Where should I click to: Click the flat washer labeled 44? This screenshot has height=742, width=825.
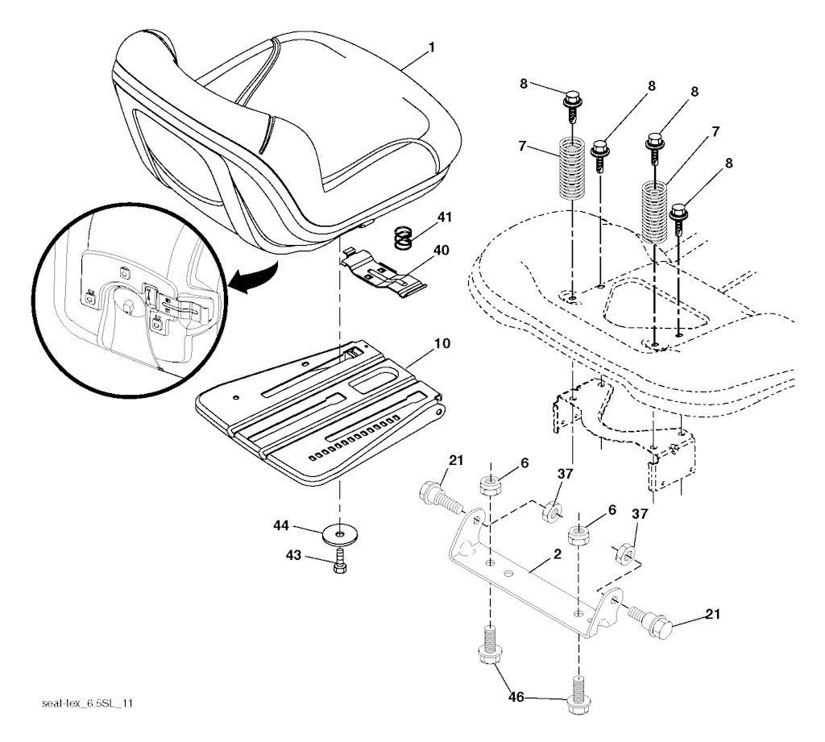tap(342, 534)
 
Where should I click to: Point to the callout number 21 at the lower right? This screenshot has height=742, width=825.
tap(711, 616)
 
